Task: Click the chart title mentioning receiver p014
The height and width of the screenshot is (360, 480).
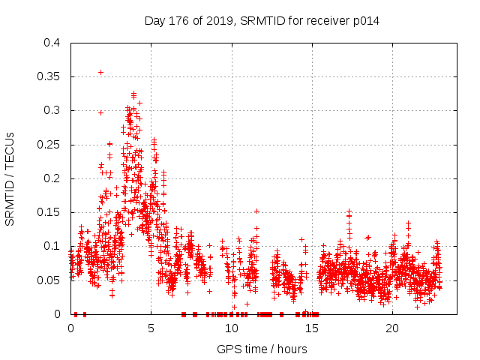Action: click(x=262, y=21)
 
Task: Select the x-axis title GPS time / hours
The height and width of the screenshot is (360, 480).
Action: click(x=262, y=349)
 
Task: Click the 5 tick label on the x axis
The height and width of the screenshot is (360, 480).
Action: click(x=151, y=328)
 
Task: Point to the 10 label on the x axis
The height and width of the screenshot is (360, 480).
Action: click(x=232, y=328)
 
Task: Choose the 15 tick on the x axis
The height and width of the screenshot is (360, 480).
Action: click(x=312, y=328)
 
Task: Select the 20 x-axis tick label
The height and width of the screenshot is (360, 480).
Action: click(x=392, y=328)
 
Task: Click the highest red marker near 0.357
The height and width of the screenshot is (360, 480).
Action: click(x=100, y=72)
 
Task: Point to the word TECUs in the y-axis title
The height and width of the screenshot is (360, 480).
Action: click(x=10, y=149)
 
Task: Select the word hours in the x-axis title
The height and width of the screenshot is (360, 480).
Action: click(x=292, y=349)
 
